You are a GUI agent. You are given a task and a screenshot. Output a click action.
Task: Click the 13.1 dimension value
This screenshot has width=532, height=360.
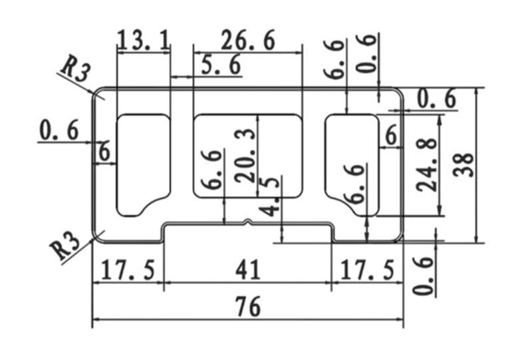tap(142, 41)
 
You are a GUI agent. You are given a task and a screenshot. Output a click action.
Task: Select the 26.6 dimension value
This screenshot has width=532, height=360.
tap(247, 41)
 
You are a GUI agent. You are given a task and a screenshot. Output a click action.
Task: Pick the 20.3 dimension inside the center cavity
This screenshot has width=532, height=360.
tap(244, 155)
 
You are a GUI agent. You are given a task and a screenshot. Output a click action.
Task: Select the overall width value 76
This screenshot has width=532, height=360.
tap(247, 307)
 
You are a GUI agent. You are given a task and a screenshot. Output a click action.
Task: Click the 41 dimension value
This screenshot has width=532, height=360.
tap(247, 270)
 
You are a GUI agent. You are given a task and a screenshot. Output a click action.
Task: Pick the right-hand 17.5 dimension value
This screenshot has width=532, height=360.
tap(367, 270)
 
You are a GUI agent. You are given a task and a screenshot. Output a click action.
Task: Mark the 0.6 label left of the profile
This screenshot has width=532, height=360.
tap(59, 130)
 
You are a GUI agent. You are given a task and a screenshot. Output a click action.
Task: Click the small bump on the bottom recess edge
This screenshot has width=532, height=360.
tap(247, 221)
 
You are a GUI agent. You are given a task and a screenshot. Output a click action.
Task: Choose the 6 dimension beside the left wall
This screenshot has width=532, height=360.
tap(104, 152)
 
